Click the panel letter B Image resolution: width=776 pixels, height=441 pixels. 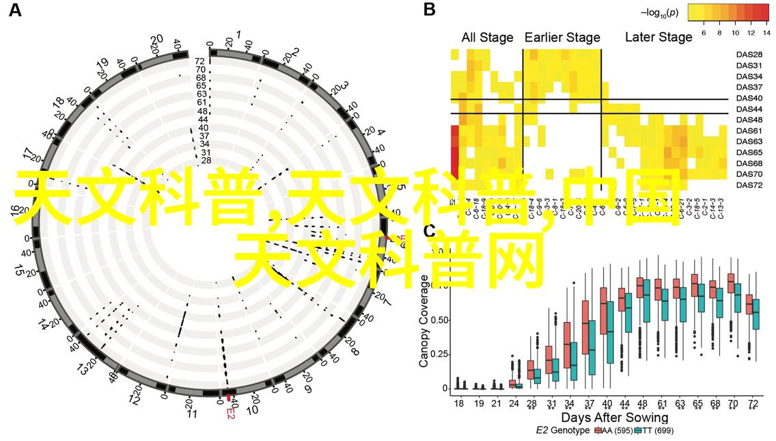click(x=429, y=10)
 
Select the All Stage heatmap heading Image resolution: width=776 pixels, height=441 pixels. click(x=487, y=38)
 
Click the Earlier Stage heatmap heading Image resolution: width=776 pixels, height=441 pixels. click(x=562, y=38)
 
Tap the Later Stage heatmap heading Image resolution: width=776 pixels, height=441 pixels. click(x=659, y=38)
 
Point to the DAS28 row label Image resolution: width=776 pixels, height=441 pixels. click(x=749, y=55)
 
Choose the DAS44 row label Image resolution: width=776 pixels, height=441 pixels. click(x=749, y=109)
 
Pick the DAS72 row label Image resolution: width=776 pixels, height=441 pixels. click(x=749, y=185)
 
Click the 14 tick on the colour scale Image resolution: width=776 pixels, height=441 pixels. click(x=766, y=32)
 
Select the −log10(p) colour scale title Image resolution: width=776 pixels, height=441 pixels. click(x=659, y=12)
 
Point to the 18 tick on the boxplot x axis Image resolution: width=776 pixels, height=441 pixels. click(x=458, y=404)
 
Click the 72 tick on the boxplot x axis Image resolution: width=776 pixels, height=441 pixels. click(x=751, y=404)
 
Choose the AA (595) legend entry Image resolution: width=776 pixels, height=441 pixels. click(x=613, y=431)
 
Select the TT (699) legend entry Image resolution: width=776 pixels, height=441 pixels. click(x=652, y=431)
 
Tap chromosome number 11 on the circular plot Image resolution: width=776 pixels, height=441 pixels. click(x=192, y=414)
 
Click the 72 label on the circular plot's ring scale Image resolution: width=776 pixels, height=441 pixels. click(x=200, y=61)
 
